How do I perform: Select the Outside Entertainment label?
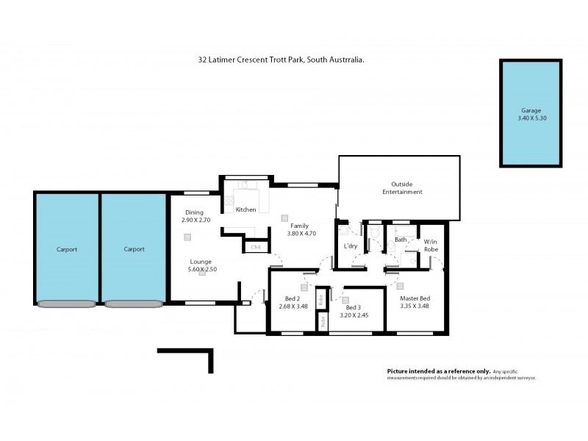coord(402,188)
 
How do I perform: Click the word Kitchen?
coord(245,210)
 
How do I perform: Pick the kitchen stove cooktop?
coord(229,198)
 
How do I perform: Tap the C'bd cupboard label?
coord(256,247)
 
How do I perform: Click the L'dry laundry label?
coord(351,246)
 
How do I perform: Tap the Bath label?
coord(401,240)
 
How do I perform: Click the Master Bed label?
coord(415,298)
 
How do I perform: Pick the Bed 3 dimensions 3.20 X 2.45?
coord(353,315)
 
